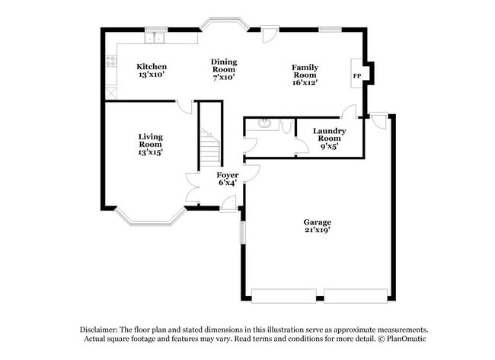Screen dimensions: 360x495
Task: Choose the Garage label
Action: click(x=318, y=222)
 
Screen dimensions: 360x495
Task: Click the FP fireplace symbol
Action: click(x=356, y=76)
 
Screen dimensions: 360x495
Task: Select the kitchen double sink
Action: click(x=156, y=37)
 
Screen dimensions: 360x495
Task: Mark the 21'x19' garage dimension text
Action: click(x=318, y=231)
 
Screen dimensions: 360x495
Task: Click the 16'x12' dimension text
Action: click(x=304, y=82)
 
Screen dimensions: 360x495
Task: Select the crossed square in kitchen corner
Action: click(x=110, y=94)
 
